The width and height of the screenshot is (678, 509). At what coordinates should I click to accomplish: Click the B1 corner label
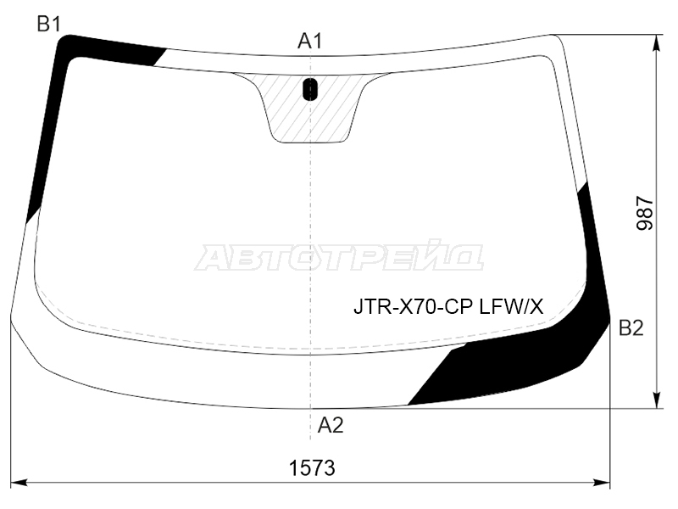click(x=48, y=24)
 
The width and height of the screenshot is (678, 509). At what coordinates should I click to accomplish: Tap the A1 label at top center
click(x=310, y=41)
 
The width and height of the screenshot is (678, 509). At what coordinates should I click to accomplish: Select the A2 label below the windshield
click(x=331, y=426)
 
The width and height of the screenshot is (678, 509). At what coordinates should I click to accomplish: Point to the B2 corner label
click(x=631, y=328)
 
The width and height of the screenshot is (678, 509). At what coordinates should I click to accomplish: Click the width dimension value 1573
click(x=312, y=468)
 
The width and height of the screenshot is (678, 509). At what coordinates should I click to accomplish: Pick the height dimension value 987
click(x=645, y=213)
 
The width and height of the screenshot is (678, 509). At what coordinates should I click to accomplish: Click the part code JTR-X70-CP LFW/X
click(x=448, y=307)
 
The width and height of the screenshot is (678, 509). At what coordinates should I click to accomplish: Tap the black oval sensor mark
click(x=310, y=89)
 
